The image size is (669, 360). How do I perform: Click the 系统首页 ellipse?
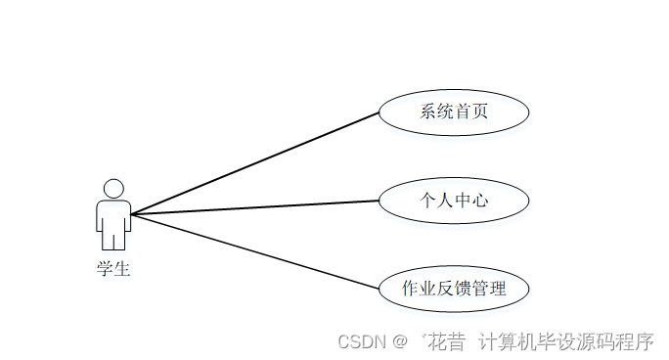point(453,112)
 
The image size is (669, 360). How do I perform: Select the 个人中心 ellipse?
point(453,201)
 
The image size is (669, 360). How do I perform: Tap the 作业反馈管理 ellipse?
point(453,289)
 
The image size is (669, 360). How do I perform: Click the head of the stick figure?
point(113,189)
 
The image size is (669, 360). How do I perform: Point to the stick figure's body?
point(113,220)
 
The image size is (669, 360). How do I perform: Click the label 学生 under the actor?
point(113,269)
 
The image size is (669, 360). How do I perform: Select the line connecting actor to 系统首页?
point(254,162)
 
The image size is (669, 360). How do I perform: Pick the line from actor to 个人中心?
point(254,206)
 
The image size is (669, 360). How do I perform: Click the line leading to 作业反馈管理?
point(254,250)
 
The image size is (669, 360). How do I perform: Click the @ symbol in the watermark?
point(400,341)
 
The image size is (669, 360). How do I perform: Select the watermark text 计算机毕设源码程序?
point(565,341)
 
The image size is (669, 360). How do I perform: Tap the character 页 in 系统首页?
point(479,112)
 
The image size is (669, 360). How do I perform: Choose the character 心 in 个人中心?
point(479,201)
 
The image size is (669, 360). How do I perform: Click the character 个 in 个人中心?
point(428,201)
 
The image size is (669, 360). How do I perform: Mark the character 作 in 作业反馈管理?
point(411,289)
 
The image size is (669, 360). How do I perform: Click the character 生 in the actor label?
point(121,269)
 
